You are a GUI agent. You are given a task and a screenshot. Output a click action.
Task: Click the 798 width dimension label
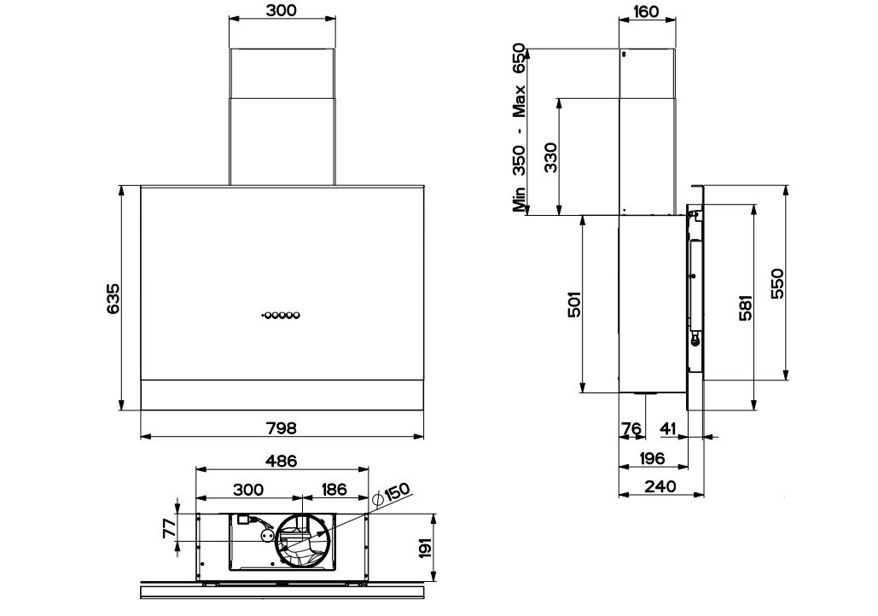282,427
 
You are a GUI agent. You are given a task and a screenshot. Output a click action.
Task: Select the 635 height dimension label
113,299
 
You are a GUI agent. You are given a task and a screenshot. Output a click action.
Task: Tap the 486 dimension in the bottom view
281,461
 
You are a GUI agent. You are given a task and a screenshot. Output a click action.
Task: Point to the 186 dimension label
334,489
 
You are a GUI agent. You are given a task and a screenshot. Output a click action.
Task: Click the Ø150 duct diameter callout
392,493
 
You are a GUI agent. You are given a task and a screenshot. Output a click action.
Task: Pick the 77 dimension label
170,528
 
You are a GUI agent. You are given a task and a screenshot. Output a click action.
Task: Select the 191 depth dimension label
426,548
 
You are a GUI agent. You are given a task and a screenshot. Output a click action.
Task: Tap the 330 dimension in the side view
551,157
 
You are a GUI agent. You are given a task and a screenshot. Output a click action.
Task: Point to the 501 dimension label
575,304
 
